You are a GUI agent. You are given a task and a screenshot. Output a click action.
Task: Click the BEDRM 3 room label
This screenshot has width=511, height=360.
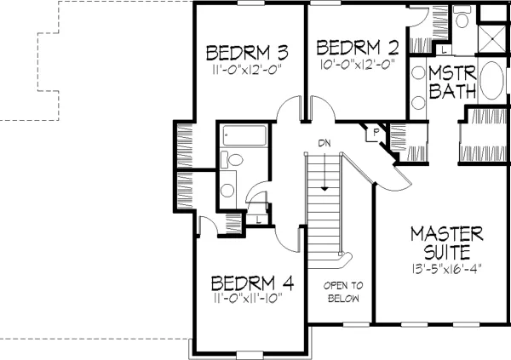point(247,53)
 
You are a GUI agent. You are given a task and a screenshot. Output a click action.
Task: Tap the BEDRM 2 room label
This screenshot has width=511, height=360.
point(358,48)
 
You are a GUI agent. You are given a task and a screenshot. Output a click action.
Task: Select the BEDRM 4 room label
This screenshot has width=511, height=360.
point(252,283)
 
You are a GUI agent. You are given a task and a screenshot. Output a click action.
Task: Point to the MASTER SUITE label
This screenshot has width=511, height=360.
point(447,243)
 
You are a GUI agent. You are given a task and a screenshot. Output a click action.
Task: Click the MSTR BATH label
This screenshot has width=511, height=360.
point(452,82)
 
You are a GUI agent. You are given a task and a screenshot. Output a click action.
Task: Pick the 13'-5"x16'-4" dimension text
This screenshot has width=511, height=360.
point(446,269)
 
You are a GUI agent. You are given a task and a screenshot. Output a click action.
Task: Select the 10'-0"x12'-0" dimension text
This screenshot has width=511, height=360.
point(358,64)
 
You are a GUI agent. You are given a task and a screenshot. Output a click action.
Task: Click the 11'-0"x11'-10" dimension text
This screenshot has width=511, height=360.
point(247,298)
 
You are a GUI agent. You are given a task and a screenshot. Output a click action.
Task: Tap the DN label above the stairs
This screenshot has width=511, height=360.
point(324,143)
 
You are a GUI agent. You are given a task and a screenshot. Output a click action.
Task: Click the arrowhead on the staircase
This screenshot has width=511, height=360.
point(324,189)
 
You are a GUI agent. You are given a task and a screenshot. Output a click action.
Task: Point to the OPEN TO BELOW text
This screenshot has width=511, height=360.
point(343,292)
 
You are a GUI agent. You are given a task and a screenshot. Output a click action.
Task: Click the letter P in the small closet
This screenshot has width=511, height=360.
point(376,132)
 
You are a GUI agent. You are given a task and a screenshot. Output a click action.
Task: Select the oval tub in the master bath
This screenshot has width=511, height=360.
point(491,80)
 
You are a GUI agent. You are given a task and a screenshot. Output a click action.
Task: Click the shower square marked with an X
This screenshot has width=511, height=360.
point(492,39)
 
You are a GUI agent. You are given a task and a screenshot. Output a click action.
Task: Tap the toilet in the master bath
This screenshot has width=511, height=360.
point(462,18)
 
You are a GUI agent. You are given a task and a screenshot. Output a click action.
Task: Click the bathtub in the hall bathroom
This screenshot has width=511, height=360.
point(244,135)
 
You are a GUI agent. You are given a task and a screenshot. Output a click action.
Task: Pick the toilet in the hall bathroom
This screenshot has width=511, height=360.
point(232,160)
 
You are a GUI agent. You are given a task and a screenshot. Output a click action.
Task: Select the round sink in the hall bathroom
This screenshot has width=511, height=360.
point(227,191)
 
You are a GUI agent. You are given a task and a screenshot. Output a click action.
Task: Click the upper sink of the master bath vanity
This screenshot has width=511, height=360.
point(418,72)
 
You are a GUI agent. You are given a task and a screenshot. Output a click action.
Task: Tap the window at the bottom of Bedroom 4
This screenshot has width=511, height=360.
point(250,354)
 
